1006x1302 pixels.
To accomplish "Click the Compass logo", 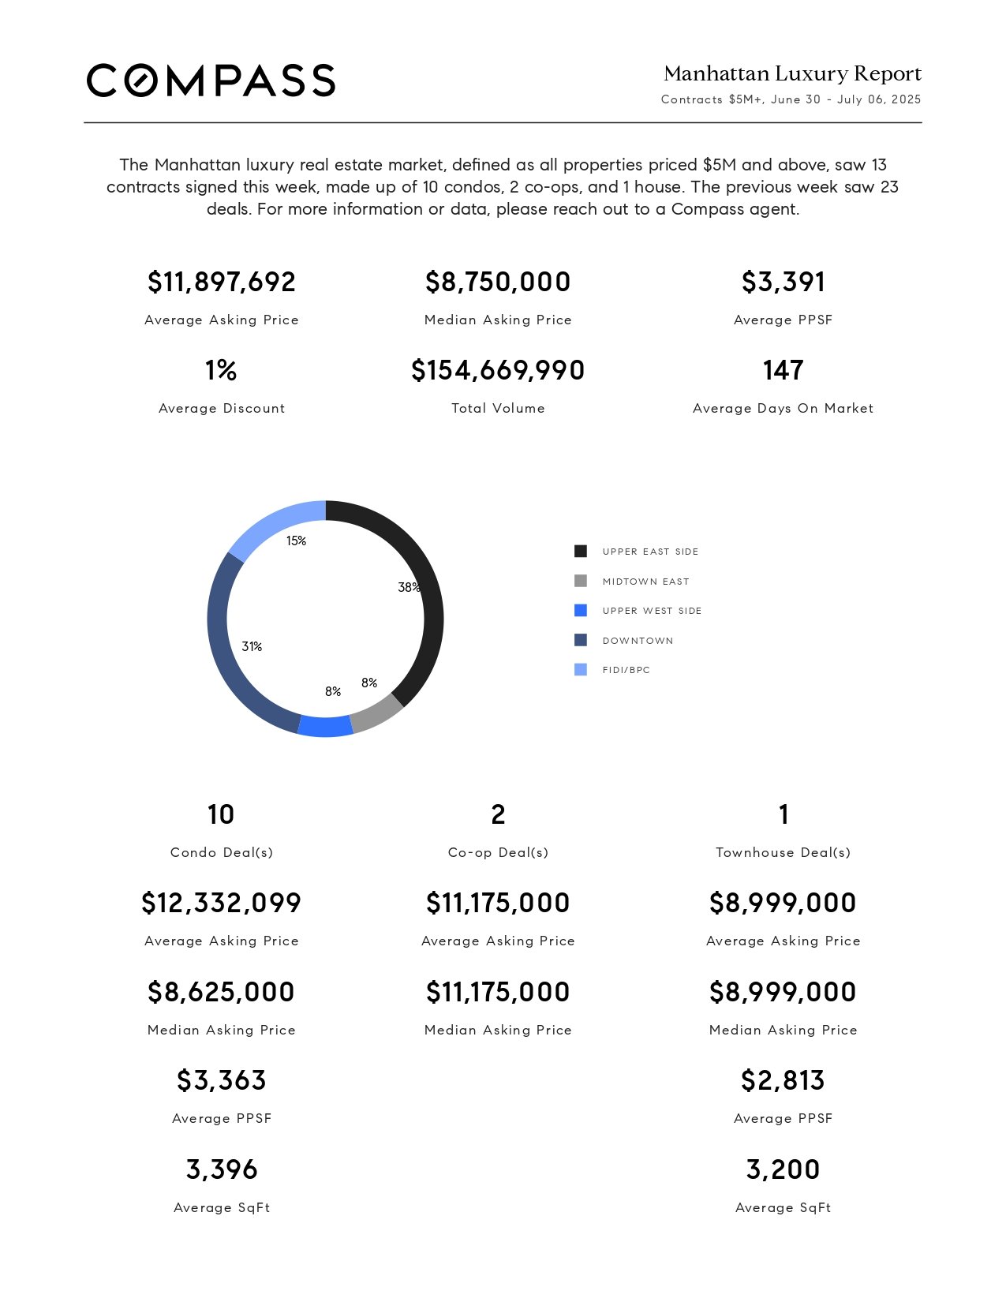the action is pyautogui.click(x=211, y=80).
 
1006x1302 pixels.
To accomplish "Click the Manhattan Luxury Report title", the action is pyautogui.click(x=792, y=73).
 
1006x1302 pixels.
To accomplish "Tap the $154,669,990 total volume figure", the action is pyautogui.click(x=498, y=370).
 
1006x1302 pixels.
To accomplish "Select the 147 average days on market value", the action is pyautogui.click(x=783, y=370).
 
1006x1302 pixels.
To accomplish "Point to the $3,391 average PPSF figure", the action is pyautogui.click(x=783, y=282).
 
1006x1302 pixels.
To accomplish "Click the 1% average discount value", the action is pyautogui.click(x=221, y=370).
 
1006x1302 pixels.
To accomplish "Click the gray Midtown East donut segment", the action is pyautogui.click(x=379, y=716).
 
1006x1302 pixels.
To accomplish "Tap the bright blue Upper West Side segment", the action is pyautogui.click(x=325, y=727).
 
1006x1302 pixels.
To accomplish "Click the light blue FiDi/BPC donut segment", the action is pyautogui.click(x=273, y=522).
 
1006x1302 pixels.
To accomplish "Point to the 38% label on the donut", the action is pyautogui.click(x=410, y=587).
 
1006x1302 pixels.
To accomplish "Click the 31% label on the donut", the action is pyautogui.click(x=252, y=646).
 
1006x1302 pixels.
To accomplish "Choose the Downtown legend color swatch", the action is pyautogui.click(x=581, y=640).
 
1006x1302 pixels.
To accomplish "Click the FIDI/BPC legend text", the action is pyautogui.click(x=626, y=670).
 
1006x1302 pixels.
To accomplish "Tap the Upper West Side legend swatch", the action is pyautogui.click(x=581, y=611).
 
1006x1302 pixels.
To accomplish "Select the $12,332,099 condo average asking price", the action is pyautogui.click(x=221, y=903).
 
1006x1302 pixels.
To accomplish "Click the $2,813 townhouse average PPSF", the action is pyautogui.click(x=783, y=1080).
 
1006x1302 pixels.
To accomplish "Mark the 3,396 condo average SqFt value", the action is pyautogui.click(x=222, y=1169).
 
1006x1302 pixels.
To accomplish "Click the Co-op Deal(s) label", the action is pyautogui.click(x=498, y=852).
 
